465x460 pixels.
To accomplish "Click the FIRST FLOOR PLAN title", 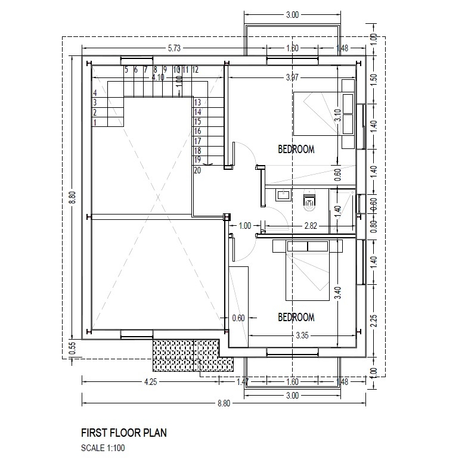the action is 123,433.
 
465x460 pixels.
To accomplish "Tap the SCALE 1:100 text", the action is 103,447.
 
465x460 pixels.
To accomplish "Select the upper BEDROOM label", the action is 296,149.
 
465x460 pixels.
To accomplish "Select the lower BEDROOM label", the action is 296,317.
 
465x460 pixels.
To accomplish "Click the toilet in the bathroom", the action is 309,201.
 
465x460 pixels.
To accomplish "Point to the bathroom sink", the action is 283,195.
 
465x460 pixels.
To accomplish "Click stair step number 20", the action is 197,170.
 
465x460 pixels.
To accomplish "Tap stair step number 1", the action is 95,122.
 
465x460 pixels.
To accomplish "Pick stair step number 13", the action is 197,102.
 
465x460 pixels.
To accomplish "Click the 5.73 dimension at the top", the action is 174,48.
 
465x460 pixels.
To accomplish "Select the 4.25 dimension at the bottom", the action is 150,382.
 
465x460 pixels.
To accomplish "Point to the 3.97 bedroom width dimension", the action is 292,77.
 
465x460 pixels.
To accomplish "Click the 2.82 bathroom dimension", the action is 311,226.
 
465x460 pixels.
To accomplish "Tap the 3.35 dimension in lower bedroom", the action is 302,335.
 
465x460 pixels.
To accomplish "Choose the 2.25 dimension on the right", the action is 374,321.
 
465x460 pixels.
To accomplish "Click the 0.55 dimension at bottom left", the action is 73,348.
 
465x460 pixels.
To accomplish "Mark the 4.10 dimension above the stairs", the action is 158,77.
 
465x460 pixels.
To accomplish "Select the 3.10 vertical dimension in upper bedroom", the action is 338,115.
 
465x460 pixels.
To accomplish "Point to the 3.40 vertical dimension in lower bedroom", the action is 338,293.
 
